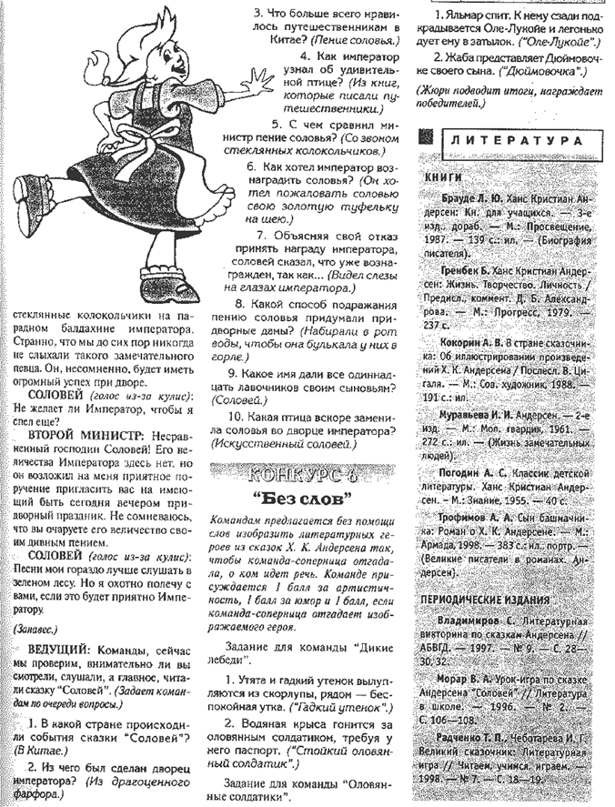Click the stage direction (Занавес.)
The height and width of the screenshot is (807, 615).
(x=35, y=629)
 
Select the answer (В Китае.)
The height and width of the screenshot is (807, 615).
(x=35, y=752)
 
